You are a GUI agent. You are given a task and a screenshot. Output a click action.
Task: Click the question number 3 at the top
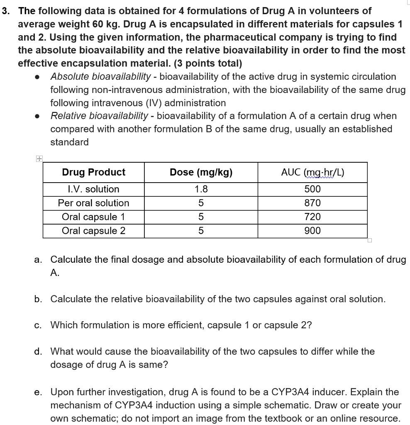tap(6, 11)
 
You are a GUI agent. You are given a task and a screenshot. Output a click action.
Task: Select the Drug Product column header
tap(93, 172)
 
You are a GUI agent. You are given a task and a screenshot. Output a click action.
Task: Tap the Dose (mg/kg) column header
tap(201, 172)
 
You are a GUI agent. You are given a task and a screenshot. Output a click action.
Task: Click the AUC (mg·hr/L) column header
tap(312, 172)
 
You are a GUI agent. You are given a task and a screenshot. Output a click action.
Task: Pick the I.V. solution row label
tap(93, 189)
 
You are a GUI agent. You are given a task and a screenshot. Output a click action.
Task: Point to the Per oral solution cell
tap(93, 203)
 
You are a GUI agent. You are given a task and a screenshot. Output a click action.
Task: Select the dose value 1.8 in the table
tap(201, 189)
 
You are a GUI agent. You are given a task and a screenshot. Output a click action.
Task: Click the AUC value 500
tap(312, 189)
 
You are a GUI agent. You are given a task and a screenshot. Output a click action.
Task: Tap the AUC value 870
tap(312, 203)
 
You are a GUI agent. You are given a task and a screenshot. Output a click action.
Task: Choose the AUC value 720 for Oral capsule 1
tap(312, 217)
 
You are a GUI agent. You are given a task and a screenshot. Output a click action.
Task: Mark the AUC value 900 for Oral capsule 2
tap(312, 231)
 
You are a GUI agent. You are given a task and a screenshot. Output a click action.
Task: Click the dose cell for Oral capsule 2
tap(201, 231)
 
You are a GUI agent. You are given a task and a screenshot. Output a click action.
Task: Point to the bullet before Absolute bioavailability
tap(38, 77)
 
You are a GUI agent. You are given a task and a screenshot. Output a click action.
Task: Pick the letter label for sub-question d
tap(38, 352)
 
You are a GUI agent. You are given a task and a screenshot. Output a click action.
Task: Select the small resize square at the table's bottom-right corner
tap(370, 240)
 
